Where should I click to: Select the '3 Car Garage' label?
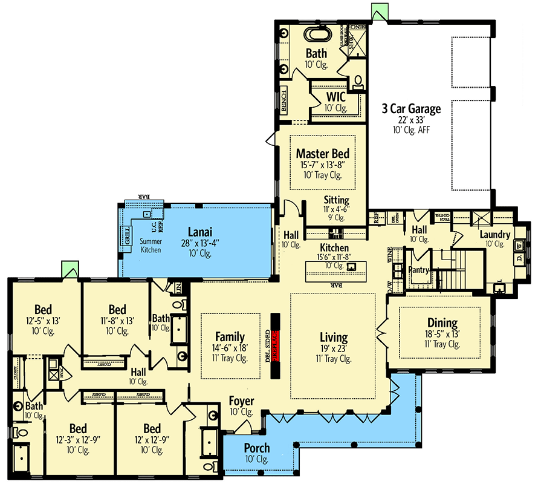click(410, 109)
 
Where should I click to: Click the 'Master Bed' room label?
click(322, 154)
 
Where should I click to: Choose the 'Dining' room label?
click(442, 323)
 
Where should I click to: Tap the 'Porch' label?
click(257, 448)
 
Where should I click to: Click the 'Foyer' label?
click(241, 401)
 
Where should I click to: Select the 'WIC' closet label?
click(335, 97)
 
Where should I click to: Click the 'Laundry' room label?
click(495, 235)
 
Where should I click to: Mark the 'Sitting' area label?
click(336, 200)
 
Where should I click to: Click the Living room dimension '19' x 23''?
click(334, 348)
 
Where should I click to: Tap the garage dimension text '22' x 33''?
click(410, 120)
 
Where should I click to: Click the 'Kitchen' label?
click(334, 247)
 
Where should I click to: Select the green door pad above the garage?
click(379, 11)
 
